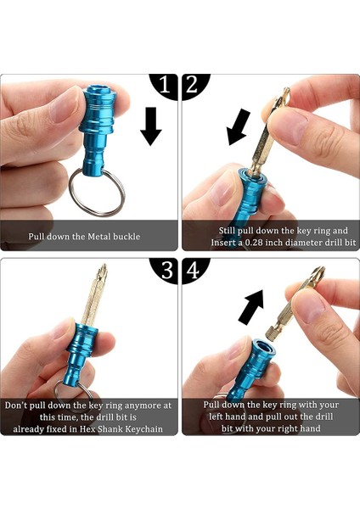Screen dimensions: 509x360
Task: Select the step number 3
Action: coord(166,271)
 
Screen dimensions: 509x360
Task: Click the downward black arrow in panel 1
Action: coord(150,126)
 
